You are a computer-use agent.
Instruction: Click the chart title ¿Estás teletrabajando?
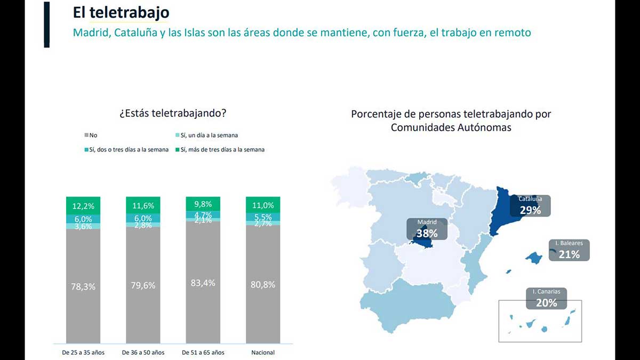[x=173, y=113]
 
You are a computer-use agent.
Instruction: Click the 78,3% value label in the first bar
[x=83, y=286]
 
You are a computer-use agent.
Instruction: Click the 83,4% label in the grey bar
[x=203, y=283]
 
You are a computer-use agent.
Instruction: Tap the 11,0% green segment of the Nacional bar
[x=263, y=205]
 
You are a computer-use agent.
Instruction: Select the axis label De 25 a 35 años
[x=83, y=353]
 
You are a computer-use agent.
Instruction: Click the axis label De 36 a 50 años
[x=143, y=353]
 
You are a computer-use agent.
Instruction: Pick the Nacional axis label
[x=263, y=353]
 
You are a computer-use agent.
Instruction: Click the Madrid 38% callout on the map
[x=427, y=229]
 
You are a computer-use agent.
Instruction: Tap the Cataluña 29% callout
[x=530, y=206]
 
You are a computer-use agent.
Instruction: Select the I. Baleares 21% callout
[x=569, y=250]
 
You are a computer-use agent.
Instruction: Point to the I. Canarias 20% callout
[x=546, y=299]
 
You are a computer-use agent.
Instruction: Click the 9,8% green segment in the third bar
[x=203, y=204]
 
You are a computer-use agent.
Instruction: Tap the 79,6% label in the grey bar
[x=143, y=285]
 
